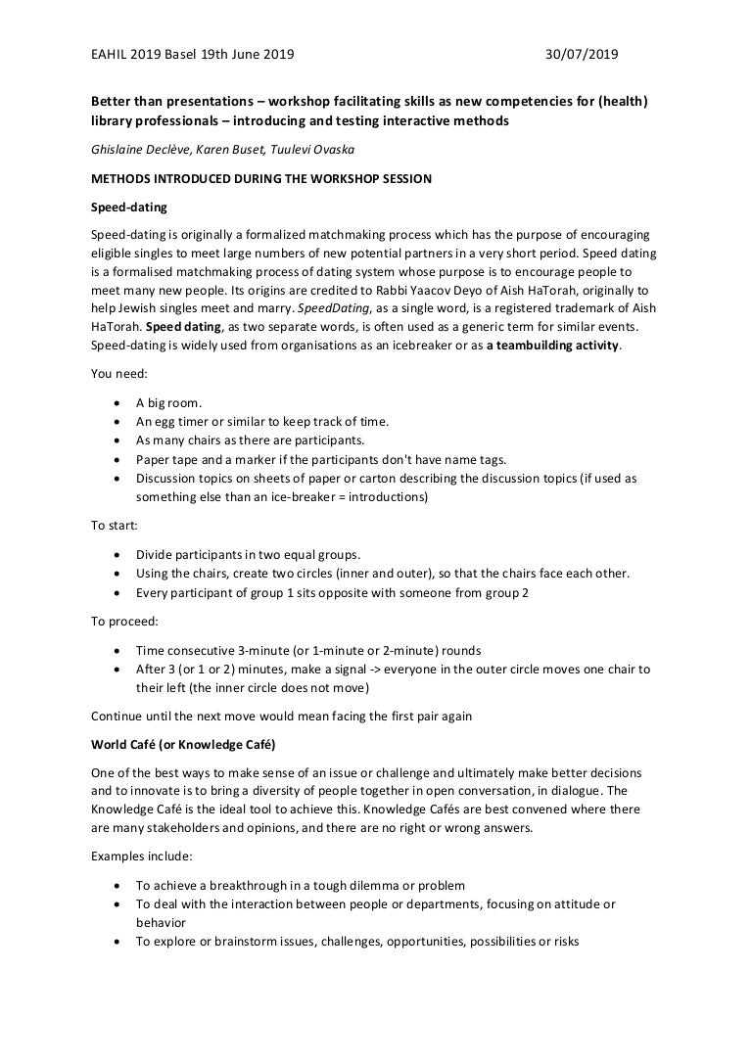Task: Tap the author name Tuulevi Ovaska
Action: (x=322, y=150)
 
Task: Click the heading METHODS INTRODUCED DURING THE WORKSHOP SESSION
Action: (x=257, y=178)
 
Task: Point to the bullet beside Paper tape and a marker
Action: (x=117, y=459)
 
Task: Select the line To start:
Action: (x=116, y=525)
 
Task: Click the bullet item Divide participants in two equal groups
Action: (x=248, y=553)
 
